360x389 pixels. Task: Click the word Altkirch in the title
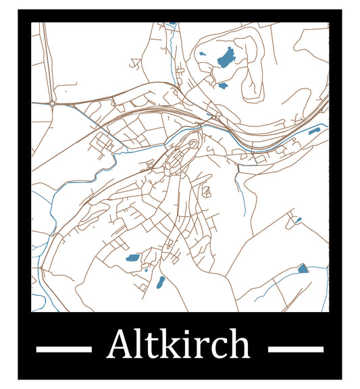point(178,345)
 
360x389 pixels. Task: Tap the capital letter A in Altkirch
point(120,345)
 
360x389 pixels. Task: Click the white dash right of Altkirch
point(295,349)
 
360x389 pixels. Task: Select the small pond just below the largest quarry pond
point(223,86)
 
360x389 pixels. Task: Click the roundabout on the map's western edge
point(52,104)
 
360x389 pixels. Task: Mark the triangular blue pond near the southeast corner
point(303,268)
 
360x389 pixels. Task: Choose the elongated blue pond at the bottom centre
point(160,282)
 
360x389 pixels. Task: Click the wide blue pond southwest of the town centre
point(132,258)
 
